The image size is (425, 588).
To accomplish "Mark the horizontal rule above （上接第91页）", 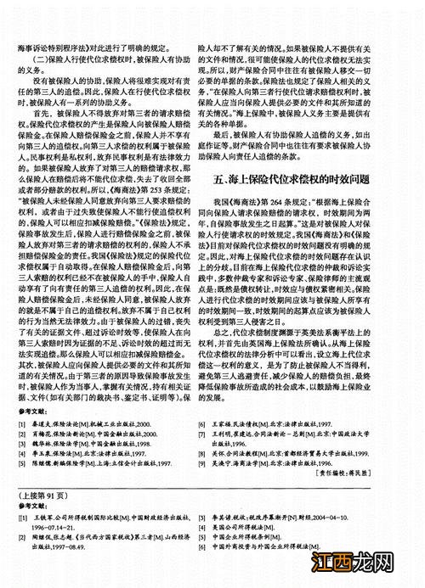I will click(212, 486).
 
